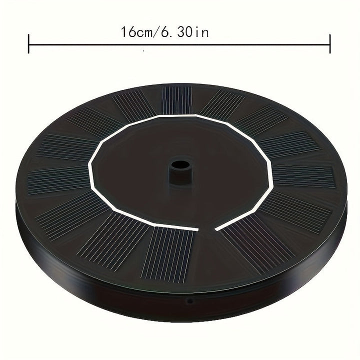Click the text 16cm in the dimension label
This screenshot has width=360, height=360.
tap(136, 32)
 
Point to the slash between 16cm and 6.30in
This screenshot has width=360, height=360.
tap(155, 32)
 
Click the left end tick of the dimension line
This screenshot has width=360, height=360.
tap(28, 44)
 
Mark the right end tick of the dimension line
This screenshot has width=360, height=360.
tap(330, 44)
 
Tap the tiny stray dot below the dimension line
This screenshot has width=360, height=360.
tap(143, 50)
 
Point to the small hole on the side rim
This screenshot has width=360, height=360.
tap(189, 300)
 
